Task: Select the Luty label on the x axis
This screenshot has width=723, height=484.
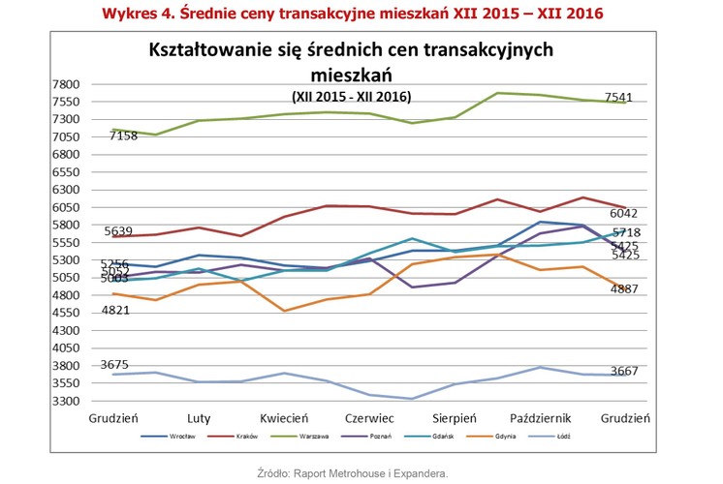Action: [199, 419]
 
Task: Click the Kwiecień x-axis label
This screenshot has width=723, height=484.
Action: [284, 419]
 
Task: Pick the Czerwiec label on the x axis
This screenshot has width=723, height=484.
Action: [368, 419]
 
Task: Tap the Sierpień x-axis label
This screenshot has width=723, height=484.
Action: [453, 419]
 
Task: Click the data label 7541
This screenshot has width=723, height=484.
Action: [620, 98]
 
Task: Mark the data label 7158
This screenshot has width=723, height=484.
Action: [123, 136]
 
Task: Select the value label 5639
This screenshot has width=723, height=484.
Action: [119, 231]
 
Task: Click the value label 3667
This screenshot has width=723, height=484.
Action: [624, 372]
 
